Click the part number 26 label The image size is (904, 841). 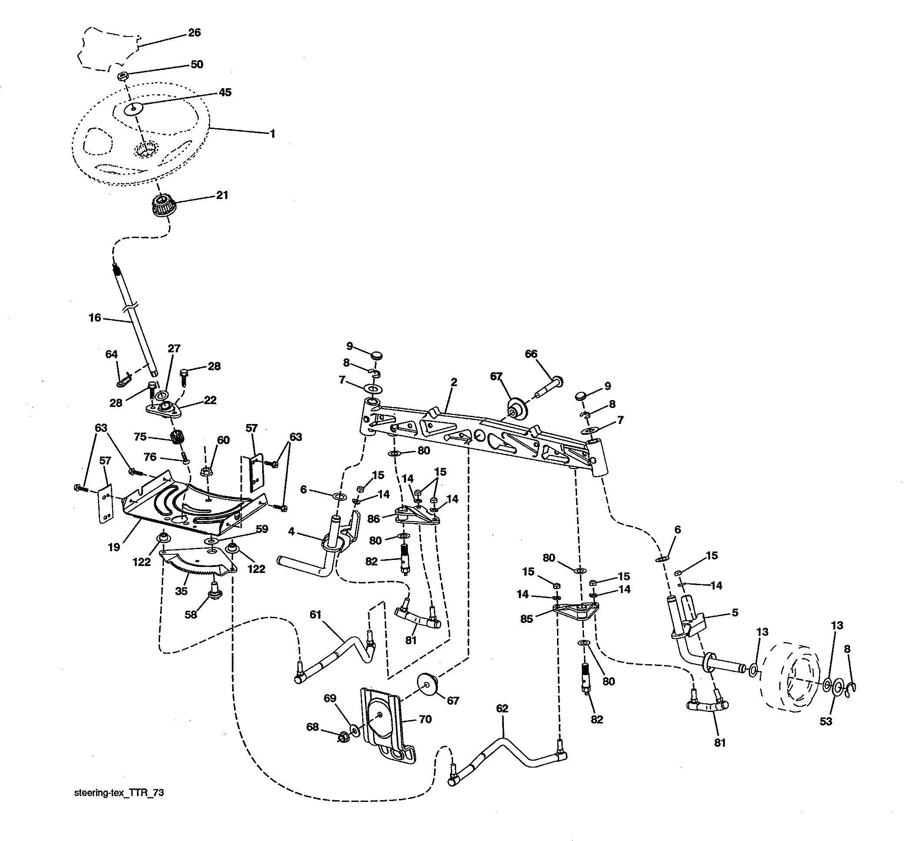coord(194,33)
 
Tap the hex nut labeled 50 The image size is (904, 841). coord(122,76)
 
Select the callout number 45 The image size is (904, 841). coord(225,92)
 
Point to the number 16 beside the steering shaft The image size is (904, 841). coord(95,318)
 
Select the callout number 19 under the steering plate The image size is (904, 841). coord(113,546)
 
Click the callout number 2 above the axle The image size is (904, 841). coord(454,382)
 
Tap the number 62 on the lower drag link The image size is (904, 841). coord(502,709)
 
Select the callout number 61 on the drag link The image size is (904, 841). coord(316,615)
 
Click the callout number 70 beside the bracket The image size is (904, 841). coord(425,719)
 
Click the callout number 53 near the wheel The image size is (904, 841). coord(826,721)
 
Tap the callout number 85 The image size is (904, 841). coord(527,619)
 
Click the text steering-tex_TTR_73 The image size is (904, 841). coord(119,793)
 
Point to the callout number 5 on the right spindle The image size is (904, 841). coord(735,612)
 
